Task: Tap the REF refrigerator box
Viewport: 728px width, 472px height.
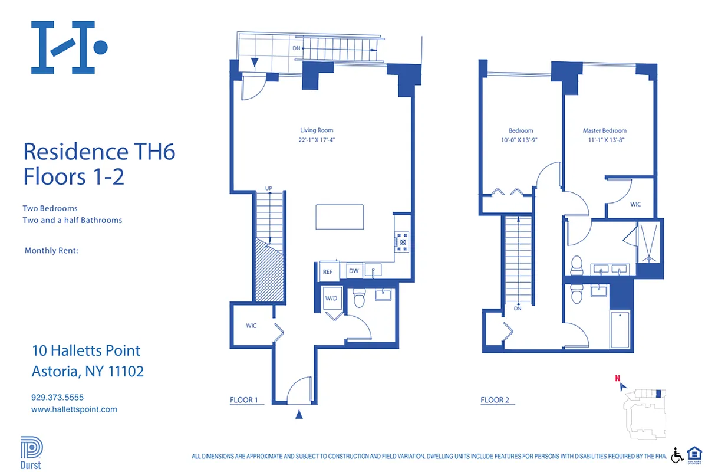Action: click(327, 272)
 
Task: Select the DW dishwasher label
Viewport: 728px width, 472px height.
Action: click(354, 271)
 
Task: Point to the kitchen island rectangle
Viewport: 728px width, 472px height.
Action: click(340, 217)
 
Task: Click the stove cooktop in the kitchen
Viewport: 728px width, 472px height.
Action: click(403, 241)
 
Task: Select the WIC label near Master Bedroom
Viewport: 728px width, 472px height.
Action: click(635, 204)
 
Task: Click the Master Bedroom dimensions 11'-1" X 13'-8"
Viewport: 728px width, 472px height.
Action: click(605, 140)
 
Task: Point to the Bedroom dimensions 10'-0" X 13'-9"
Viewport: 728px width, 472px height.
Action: click(521, 140)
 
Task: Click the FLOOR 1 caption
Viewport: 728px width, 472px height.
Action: click(244, 400)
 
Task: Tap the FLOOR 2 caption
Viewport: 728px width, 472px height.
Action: click(495, 400)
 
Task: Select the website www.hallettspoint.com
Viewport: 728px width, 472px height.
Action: click(74, 409)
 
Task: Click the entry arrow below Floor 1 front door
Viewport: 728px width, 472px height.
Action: click(299, 415)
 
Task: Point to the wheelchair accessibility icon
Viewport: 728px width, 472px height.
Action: click(677, 455)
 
